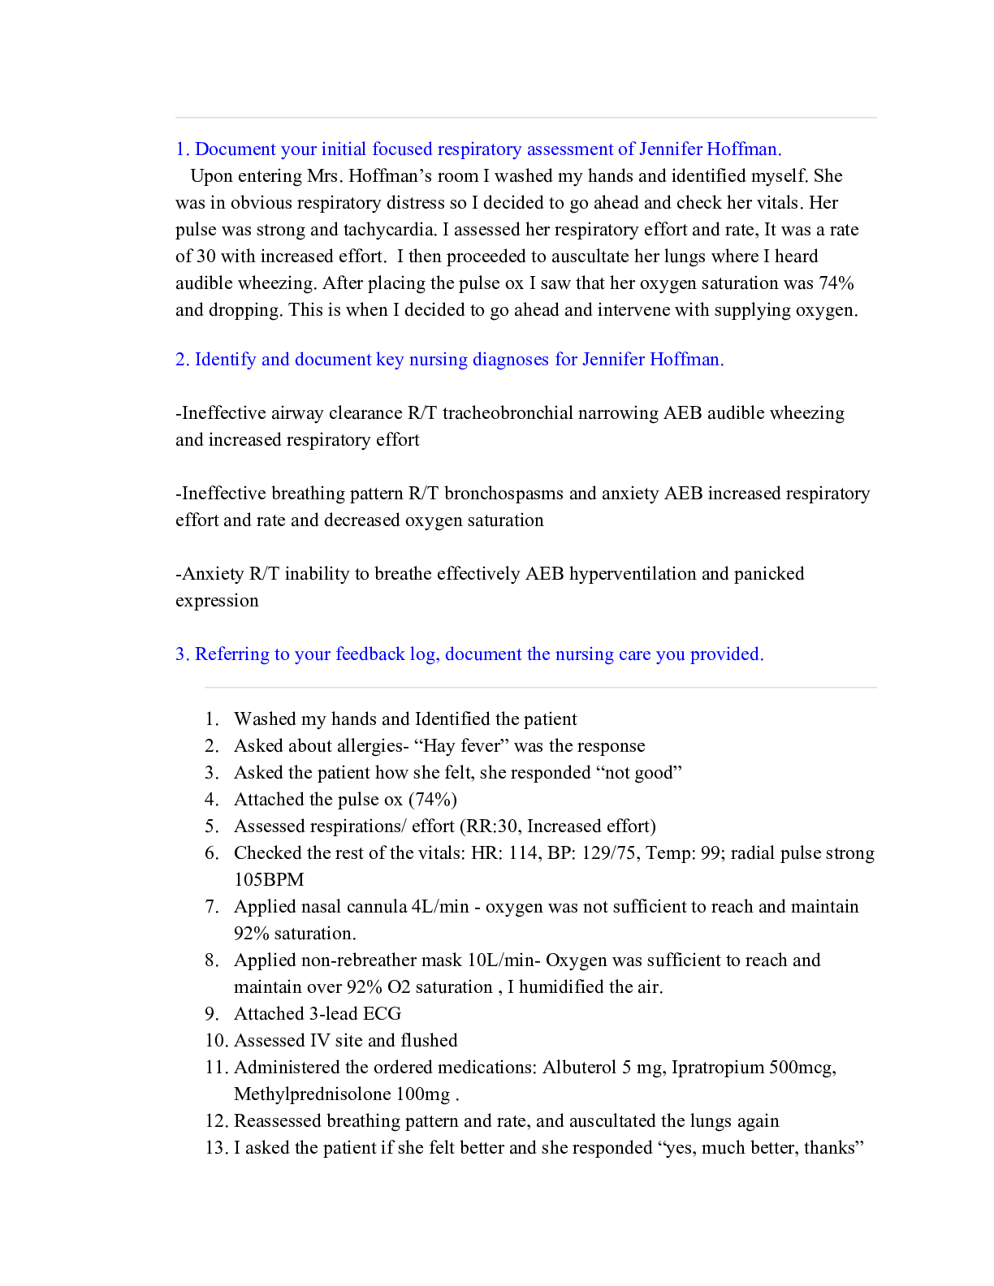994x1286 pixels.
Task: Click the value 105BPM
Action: click(269, 880)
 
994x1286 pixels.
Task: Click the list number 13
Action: click(215, 1148)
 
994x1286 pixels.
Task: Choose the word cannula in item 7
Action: click(377, 907)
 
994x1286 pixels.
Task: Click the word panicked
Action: click(768, 574)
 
